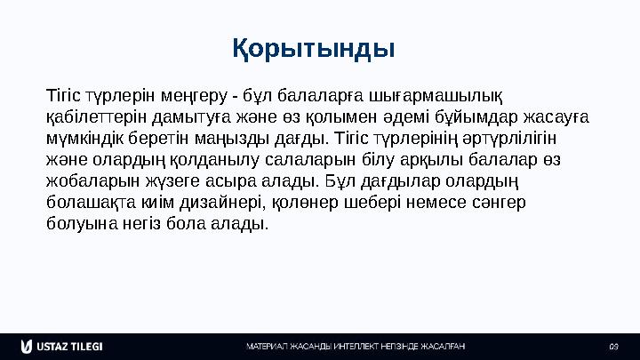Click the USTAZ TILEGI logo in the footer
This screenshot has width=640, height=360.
[x=63, y=345]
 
